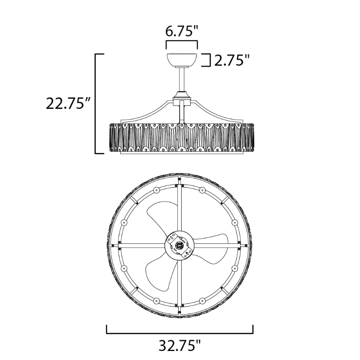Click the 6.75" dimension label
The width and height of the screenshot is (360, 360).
point(182,31)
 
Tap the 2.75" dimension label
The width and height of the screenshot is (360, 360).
point(232,60)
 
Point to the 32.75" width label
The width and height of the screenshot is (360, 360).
point(180,346)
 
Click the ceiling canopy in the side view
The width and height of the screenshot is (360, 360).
point(182,60)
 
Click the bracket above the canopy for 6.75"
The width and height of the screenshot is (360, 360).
point(182,44)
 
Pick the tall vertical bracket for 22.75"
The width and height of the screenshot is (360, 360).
point(96,103)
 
